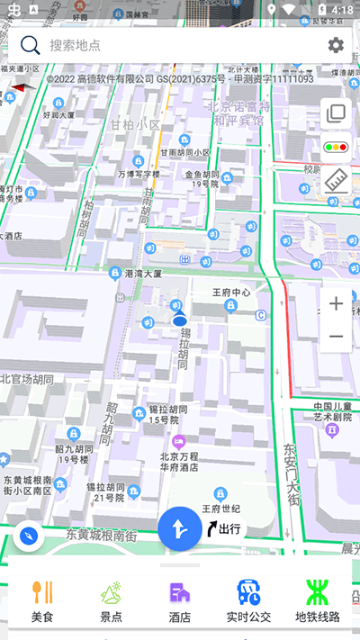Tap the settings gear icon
(x=336, y=45)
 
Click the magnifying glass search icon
(x=31, y=45)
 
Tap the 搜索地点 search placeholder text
(x=76, y=45)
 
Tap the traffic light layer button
(x=337, y=146)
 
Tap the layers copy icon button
(x=337, y=113)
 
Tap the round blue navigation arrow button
(x=180, y=529)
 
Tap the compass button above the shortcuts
(x=30, y=537)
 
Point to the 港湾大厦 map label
(x=142, y=273)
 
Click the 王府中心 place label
(x=230, y=293)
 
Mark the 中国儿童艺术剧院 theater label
(x=332, y=411)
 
